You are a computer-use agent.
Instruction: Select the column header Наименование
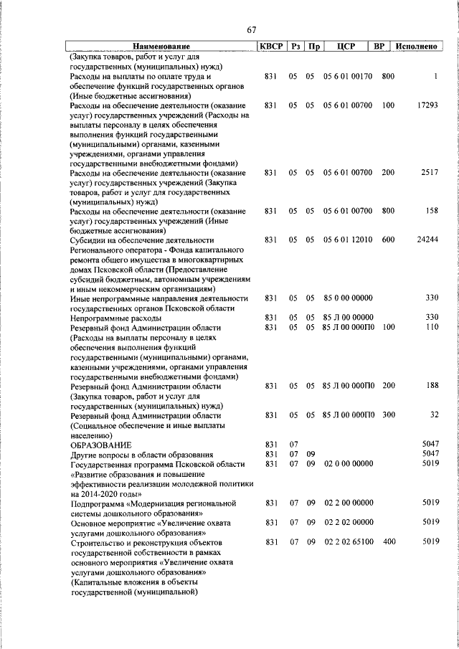161,47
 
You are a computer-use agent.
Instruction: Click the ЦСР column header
346,47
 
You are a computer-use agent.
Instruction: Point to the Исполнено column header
416,47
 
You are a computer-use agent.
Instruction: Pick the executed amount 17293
427,105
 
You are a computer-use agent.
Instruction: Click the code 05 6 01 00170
348,76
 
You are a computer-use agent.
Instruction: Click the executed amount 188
432,386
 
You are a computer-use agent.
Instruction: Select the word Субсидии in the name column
90,240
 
